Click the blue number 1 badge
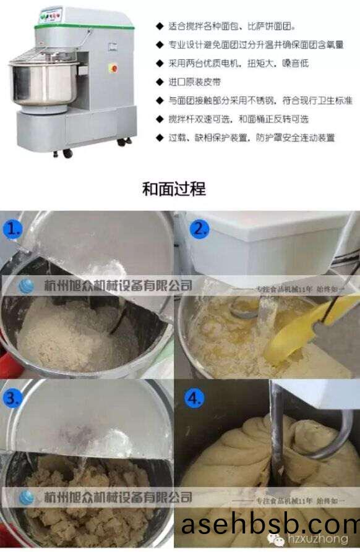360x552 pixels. click(13, 229)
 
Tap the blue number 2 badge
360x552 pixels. click(199, 229)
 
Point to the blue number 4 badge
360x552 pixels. click(195, 398)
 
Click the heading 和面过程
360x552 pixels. click(174, 189)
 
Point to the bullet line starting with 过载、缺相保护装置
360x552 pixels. click(252, 137)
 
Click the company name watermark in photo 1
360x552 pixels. click(118, 286)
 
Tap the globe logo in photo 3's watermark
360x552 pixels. click(27, 496)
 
